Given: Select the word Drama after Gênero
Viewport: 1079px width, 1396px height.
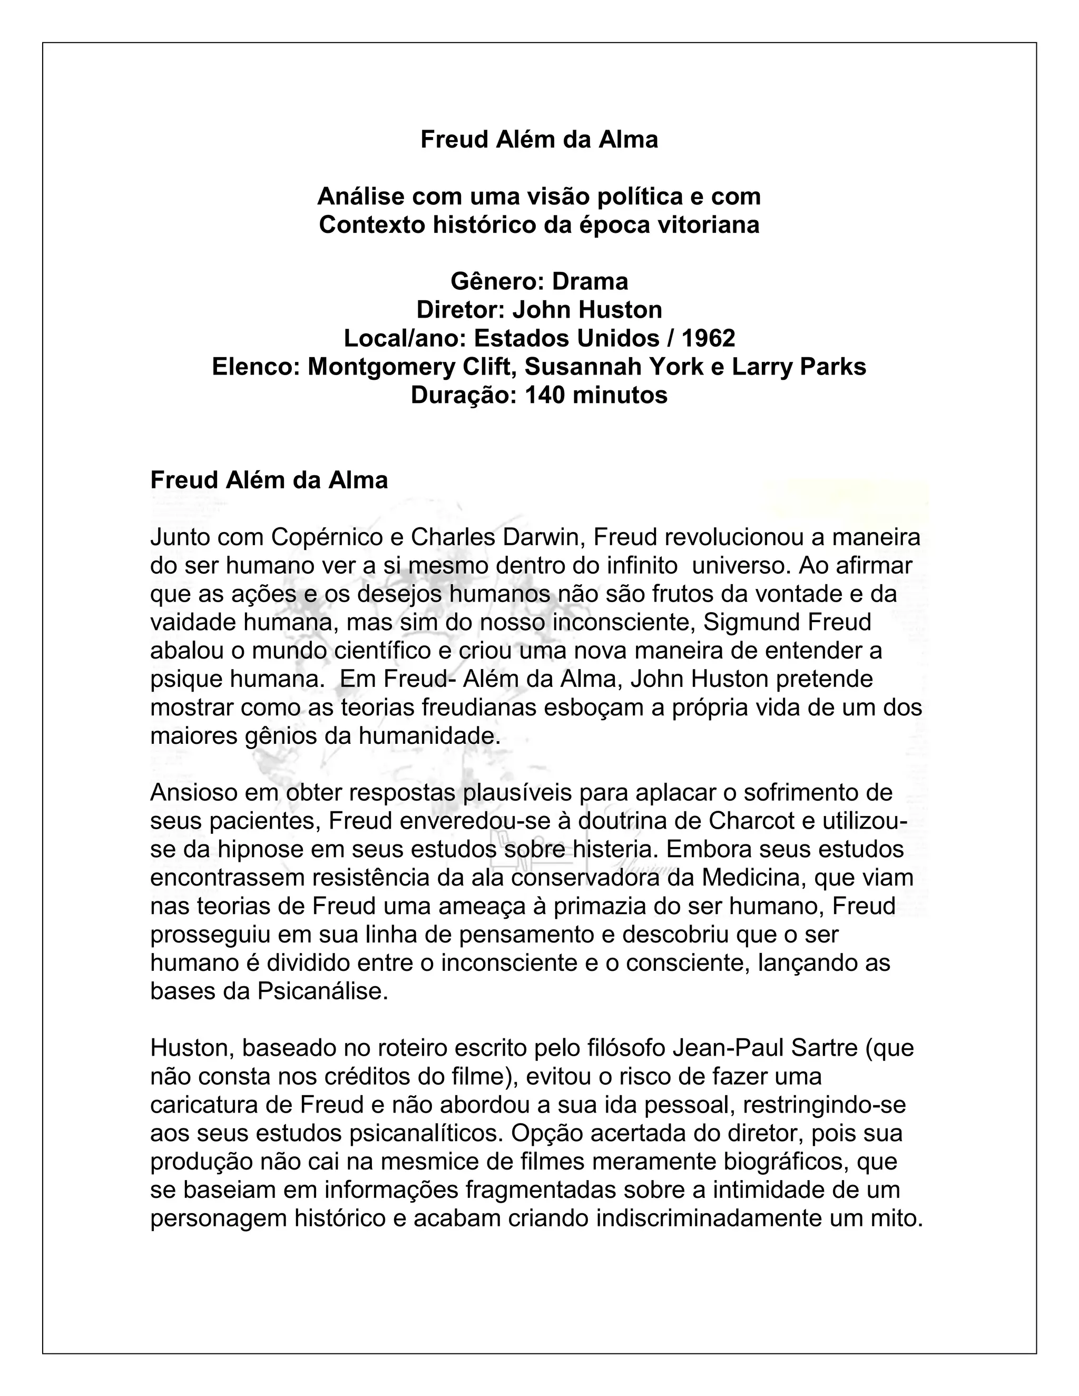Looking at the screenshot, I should [590, 281].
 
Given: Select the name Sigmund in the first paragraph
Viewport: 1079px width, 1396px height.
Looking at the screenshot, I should [744, 623].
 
